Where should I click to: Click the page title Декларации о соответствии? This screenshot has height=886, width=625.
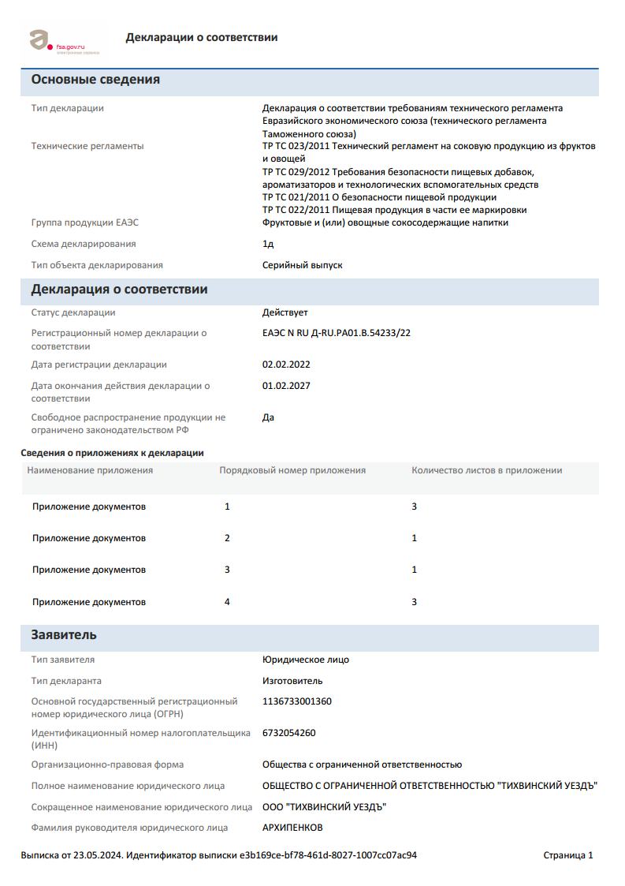pos(201,37)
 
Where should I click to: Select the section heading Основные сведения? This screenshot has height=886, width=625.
pos(95,80)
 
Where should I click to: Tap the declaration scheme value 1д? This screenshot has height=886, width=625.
pos(268,244)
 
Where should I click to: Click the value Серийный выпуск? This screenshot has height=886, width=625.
pos(302,265)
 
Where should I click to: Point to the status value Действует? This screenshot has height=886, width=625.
pos(285,312)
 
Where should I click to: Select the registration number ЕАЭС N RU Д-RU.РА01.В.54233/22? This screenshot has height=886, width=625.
pos(336,333)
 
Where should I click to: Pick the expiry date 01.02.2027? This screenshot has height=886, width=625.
pos(286,386)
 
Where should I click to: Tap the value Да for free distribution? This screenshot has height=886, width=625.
pos(268,417)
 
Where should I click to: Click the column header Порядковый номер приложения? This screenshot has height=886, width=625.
pos(292,470)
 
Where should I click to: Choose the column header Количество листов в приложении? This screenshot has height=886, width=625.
pos(486,470)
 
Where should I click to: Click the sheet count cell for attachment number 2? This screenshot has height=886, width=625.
pos(415,538)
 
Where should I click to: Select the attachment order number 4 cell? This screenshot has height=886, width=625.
pos(227,602)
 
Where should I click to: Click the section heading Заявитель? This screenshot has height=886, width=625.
pos(64,635)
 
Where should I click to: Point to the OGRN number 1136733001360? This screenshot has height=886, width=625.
pos(297,701)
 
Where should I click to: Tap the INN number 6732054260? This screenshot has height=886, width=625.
pos(288,733)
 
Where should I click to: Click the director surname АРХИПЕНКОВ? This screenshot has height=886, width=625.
pos(292,828)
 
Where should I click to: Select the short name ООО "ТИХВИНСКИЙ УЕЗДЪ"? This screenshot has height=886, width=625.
pos(324,807)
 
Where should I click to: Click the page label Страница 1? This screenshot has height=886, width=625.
pos(567,855)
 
